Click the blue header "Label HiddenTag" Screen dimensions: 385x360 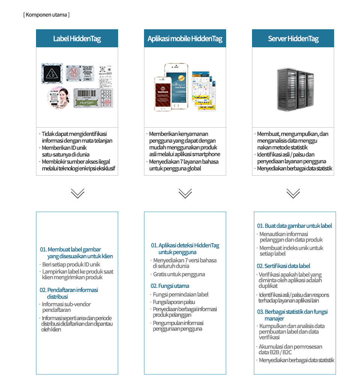coord(77,39)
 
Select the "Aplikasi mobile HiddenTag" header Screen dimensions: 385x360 coord(185,39)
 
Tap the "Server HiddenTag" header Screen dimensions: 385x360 coord(293,39)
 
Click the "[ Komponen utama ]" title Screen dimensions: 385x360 coord(46,15)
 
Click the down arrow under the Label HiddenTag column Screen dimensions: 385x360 coord(77,193)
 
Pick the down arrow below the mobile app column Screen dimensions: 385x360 coord(185,193)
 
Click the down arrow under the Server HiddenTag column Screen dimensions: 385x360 coord(293,193)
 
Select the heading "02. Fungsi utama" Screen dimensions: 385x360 coord(170,286)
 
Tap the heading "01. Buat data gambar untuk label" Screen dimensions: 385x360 coord(294,226)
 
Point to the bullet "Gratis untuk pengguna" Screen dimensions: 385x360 coord(179,274)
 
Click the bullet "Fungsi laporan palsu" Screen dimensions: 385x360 coord(174,302)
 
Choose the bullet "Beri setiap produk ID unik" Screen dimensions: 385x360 coord(71,265)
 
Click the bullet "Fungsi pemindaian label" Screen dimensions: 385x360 coord(180,295)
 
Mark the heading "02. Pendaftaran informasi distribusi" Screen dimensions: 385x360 coord(69,293)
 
